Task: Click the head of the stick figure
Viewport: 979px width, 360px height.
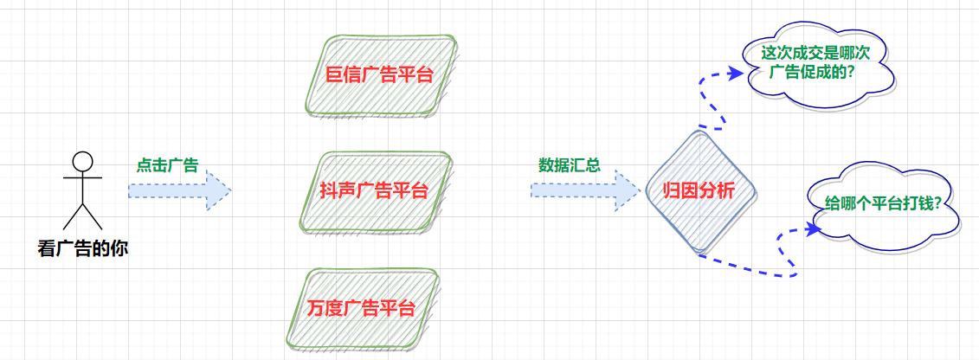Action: click(x=82, y=161)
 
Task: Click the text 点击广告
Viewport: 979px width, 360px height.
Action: click(x=167, y=165)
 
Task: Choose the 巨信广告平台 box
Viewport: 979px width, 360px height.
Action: click(x=379, y=75)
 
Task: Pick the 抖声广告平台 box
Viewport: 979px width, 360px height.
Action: click(x=377, y=191)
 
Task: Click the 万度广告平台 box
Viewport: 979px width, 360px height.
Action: click(x=362, y=307)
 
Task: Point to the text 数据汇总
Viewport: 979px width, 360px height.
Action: click(x=570, y=165)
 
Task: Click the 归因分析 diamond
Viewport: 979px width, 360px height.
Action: click(x=699, y=191)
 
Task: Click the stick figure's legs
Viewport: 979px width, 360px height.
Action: click(x=82, y=216)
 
